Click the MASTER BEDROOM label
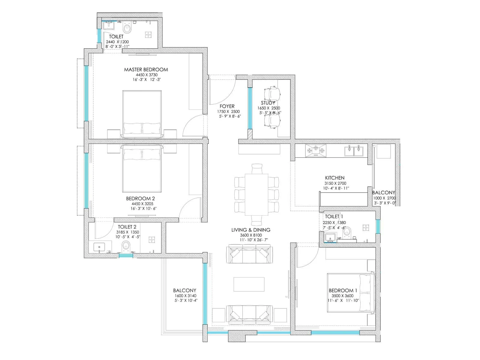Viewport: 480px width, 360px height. pos(146,70)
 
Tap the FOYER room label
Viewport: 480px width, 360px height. pos(227,106)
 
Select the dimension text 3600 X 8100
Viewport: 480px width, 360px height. pos(251,235)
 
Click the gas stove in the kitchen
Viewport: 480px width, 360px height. pos(316,150)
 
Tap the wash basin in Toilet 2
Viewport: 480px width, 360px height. pos(99,247)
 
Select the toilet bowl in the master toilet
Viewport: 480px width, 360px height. pos(128,29)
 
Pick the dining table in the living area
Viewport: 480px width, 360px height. pos(256,194)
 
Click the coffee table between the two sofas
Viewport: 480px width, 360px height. pos(249,284)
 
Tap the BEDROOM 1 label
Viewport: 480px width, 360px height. pos(343,290)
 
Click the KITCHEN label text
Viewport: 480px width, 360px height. pos(334,178)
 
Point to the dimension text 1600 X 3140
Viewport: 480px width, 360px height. pos(185,295)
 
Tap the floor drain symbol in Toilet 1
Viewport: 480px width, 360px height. pos(366,228)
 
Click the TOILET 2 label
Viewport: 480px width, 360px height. pos(127,227)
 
